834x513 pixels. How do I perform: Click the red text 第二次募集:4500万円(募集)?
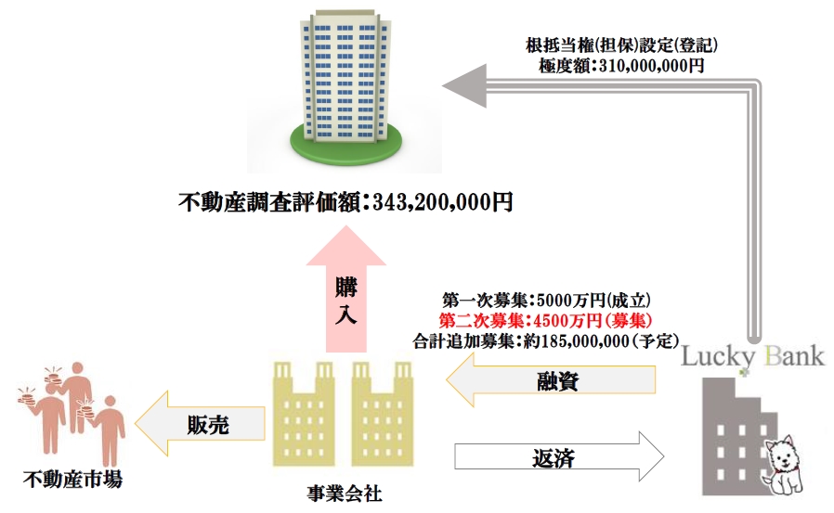(x=547, y=320)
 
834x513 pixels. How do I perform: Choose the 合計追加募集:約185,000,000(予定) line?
(x=548, y=340)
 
